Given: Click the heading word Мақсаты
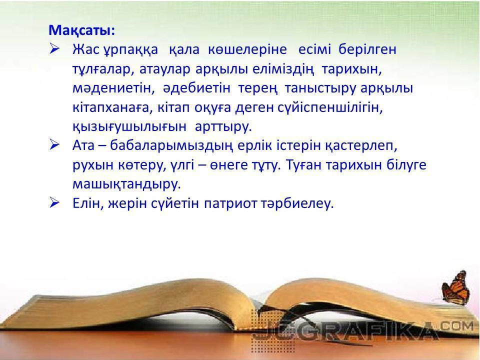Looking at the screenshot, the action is pos(80,30).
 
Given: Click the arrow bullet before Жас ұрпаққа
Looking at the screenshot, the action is pos(54,49).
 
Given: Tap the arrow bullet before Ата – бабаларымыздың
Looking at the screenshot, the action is pos(54,145).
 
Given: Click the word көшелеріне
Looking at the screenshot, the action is pos(247,49).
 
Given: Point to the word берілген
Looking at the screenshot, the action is pos(367,49).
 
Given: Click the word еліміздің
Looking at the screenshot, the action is pos(283,70).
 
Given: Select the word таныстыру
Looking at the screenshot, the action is pos(320,88).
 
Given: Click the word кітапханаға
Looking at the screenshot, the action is pos(112,108).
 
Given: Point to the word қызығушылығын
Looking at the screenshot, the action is pos(129,127).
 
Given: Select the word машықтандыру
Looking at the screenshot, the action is pos(126,184).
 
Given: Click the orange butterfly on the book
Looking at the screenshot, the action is pos(456,288).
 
